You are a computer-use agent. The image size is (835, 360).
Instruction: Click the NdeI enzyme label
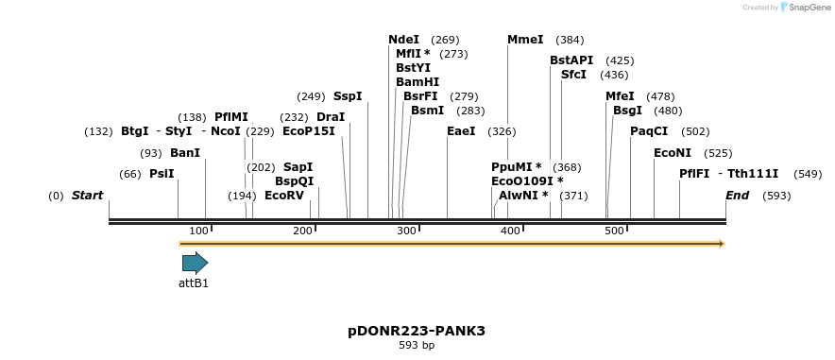(x=403, y=40)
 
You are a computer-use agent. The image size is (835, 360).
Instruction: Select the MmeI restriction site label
(x=525, y=40)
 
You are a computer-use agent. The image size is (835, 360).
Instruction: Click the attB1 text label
(x=194, y=283)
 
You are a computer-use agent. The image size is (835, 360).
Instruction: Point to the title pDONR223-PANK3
(x=417, y=331)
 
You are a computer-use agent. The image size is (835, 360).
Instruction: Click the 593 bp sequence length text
(x=417, y=346)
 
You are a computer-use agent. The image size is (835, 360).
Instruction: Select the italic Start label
(x=87, y=196)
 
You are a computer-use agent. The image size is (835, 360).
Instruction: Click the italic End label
(x=737, y=196)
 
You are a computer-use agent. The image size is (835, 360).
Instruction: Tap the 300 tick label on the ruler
(x=406, y=231)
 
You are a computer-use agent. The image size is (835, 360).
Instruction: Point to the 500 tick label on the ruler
(x=614, y=231)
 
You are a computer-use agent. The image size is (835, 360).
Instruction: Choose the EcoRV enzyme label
(x=284, y=196)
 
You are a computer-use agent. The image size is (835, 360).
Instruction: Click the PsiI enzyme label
(x=162, y=174)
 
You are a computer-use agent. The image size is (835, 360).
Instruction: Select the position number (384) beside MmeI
(x=570, y=40)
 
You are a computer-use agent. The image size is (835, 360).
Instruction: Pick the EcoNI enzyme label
(x=673, y=153)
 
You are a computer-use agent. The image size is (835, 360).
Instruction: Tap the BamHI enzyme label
(x=417, y=82)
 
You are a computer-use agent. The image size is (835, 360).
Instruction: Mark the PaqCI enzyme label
(x=649, y=131)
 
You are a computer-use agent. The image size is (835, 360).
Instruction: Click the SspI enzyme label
(x=348, y=96)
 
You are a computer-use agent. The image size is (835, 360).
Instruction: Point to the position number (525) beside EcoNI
(x=718, y=153)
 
